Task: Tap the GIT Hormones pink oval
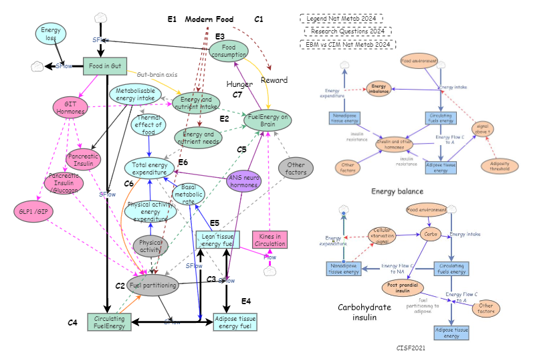pyautogui.click(x=71, y=107)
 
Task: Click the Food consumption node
pyautogui.click(x=233, y=51)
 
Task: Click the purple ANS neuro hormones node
pyautogui.click(x=242, y=182)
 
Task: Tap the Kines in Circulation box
pyautogui.click(x=270, y=239)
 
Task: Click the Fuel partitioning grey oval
pyautogui.click(x=153, y=285)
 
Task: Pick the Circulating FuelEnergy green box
pyautogui.click(x=109, y=322)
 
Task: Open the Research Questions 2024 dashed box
pyautogui.click(x=348, y=31)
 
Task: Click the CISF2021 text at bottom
pyautogui.click(x=411, y=348)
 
